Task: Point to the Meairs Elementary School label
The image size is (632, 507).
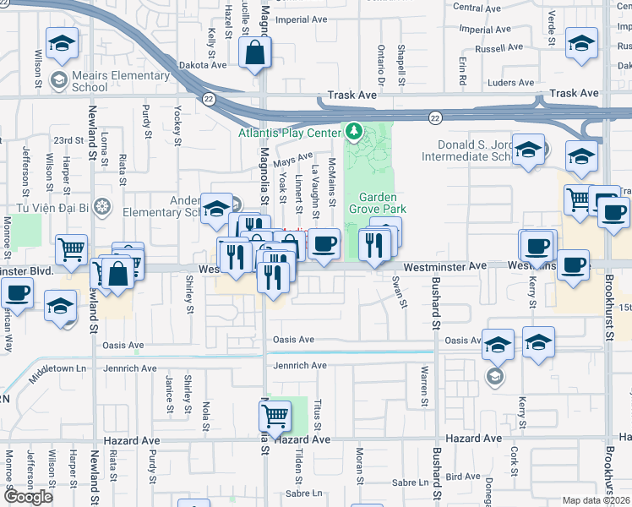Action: pyautogui.click(x=109, y=81)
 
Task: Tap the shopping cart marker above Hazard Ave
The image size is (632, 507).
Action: pyautogui.click(x=275, y=416)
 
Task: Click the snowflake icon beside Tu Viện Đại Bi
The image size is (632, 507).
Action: pyautogui.click(x=102, y=205)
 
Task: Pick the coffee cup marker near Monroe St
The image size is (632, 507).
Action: pyautogui.click(x=17, y=293)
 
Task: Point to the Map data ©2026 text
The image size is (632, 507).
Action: pyautogui.click(x=597, y=500)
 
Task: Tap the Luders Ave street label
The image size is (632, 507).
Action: pyautogui.click(x=511, y=83)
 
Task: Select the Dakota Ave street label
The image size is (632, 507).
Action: pyautogui.click(x=203, y=64)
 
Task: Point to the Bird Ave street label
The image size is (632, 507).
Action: pyautogui.click(x=463, y=477)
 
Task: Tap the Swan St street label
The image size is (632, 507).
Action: pyautogui.click(x=395, y=291)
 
